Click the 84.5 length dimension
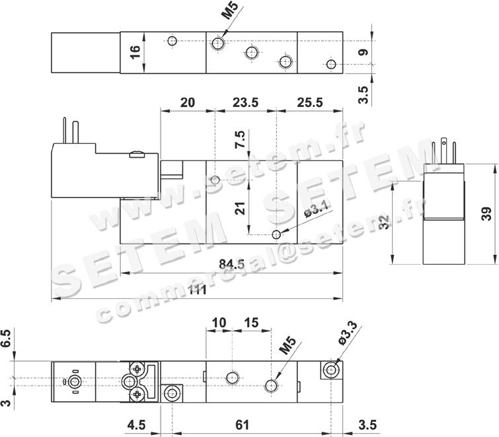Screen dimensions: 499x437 (232, 264)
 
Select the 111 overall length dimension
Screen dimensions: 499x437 (198, 290)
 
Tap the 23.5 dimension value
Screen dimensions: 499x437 (246, 103)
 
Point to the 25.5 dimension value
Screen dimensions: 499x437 (310, 103)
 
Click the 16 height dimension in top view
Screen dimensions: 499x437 (135, 52)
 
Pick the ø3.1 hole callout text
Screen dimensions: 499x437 (316, 210)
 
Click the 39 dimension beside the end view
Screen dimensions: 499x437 (486, 214)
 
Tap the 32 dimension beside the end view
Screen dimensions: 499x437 (385, 222)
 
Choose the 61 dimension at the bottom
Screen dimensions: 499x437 (242, 425)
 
